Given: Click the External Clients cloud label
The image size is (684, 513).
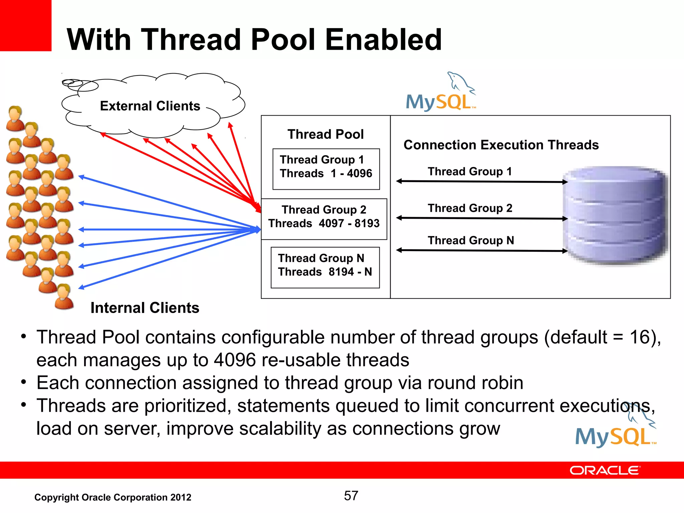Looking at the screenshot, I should point(150,106).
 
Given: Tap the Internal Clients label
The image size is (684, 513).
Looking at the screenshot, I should point(145,308).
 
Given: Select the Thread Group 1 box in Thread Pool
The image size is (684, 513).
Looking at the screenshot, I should point(326,169).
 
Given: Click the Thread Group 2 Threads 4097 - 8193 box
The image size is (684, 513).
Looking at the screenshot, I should point(324,219).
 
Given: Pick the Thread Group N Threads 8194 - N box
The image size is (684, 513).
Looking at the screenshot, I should point(325,268).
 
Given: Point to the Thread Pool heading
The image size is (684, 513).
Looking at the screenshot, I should point(325,134).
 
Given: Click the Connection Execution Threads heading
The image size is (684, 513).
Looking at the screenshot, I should point(501,145).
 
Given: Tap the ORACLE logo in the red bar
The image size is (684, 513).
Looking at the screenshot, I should point(605,471).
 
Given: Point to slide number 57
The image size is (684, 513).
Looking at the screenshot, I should point(351,496).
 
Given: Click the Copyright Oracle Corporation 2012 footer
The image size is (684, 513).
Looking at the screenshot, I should point(113,497).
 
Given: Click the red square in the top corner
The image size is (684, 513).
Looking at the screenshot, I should point(25,25).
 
